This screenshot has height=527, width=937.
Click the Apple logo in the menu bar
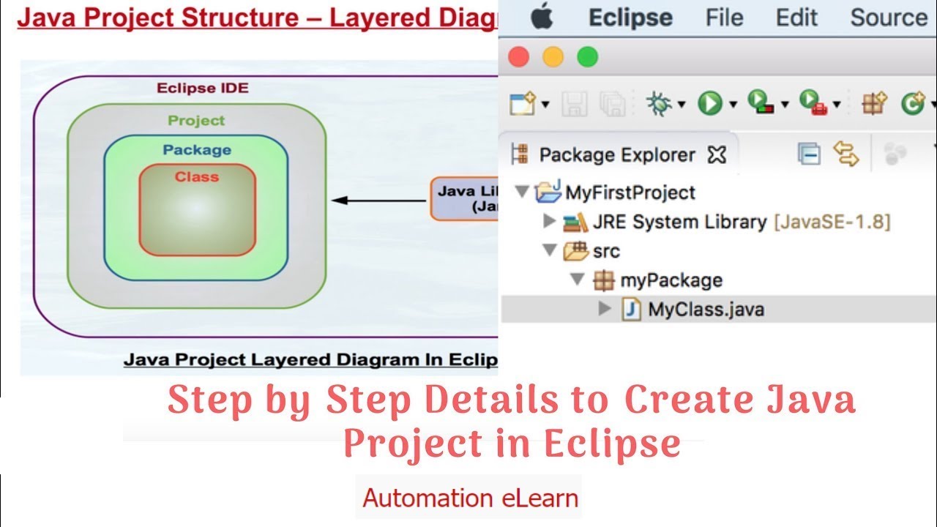pos(542,18)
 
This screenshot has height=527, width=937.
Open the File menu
pos(724,18)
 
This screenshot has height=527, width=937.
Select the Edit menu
pos(796,18)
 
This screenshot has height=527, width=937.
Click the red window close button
pos(518,57)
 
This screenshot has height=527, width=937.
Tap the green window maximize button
pos(587,57)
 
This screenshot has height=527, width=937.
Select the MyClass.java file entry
pos(705,310)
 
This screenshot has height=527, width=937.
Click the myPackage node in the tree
pos(671,280)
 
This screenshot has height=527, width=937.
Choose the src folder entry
pos(606,251)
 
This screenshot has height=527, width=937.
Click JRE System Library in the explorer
pos(679,222)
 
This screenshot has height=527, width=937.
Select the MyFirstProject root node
pos(630,193)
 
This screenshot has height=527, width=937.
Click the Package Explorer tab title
pos(616,155)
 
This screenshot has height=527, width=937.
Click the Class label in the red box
pos(197,176)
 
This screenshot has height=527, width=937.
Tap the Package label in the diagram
pos(197,150)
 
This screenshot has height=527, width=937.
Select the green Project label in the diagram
pos(196,121)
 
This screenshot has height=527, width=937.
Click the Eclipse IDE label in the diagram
pos(203,89)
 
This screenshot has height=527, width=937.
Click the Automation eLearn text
pos(470,498)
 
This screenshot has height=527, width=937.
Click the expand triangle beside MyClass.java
pos(605,309)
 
